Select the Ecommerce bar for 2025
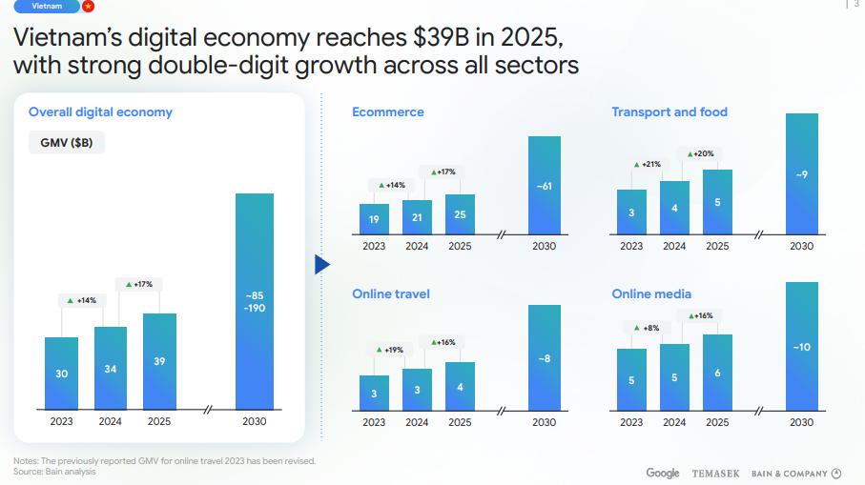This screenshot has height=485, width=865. (x=460, y=213)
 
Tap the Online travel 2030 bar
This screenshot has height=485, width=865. (x=545, y=357)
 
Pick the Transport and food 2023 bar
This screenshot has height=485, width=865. (x=631, y=212)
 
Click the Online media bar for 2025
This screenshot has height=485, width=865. (x=717, y=372)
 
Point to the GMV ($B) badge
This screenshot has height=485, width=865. (x=66, y=142)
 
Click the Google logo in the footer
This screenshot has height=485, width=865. (x=663, y=474)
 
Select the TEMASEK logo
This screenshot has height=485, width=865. (x=715, y=474)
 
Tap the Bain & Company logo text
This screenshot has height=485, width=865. (x=789, y=474)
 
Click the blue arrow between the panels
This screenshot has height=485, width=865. (x=321, y=264)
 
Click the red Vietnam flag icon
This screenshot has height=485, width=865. (x=88, y=6)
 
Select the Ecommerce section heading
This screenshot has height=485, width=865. (x=387, y=111)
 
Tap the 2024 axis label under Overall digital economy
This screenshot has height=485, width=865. (x=111, y=420)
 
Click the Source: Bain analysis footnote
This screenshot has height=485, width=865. (x=54, y=472)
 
